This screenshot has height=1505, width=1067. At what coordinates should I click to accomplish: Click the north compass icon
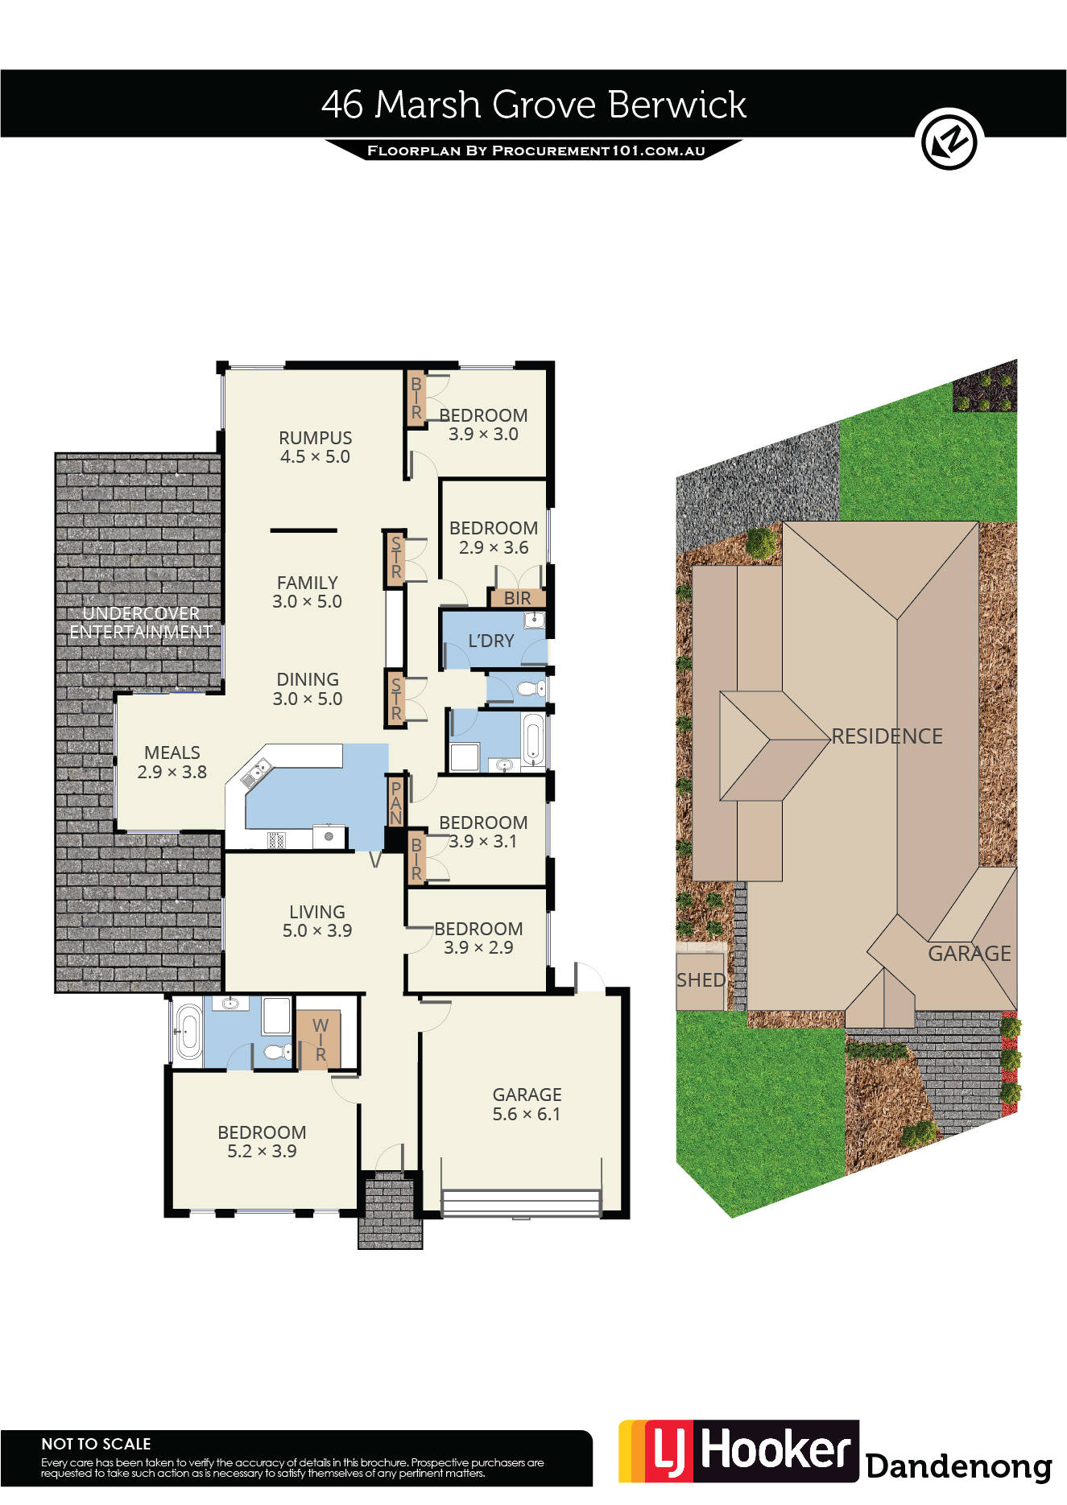949,139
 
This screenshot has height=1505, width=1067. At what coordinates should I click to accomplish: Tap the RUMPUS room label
316,438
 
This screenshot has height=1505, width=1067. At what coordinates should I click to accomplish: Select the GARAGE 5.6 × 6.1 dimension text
527,1114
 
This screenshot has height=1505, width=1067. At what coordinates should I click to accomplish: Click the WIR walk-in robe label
321,1040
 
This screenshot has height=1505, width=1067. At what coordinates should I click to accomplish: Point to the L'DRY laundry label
491,641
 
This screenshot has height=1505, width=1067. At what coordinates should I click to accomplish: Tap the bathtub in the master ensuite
188,1030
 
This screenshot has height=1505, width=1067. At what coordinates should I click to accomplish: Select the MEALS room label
172,752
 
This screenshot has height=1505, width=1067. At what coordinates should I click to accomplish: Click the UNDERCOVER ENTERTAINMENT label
141,623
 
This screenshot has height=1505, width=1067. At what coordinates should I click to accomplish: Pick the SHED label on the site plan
701,980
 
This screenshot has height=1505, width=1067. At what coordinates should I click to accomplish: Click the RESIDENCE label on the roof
887,736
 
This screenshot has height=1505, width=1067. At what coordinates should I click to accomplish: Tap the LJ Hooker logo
738,1451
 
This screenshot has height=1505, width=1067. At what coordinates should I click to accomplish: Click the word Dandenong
959,1466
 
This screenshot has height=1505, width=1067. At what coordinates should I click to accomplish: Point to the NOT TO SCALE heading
96,1444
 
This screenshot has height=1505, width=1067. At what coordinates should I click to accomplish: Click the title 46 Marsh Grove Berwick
534,105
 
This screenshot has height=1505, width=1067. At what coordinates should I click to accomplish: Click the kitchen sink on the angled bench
255,772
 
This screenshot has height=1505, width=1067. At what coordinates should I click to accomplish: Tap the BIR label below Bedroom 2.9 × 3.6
517,598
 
